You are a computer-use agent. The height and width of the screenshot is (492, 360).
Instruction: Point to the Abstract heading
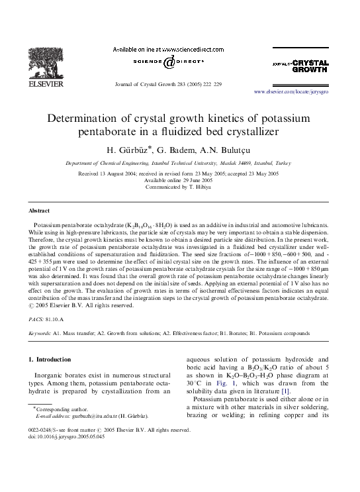point(38,210)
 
